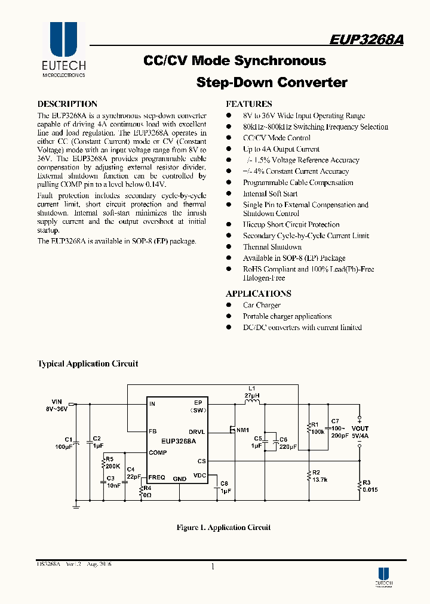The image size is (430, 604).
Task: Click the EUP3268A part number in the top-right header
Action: tap(366, 39)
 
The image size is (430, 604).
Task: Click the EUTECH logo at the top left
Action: tap(63, 50)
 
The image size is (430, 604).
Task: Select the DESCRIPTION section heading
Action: tap(67, 104)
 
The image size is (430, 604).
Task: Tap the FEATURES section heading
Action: tap(249, 104)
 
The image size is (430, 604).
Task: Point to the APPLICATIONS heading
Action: tap(259, 294)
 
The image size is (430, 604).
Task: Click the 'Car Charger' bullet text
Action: tap(262, 305)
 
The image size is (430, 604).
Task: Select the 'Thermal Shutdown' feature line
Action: tap(272, 247)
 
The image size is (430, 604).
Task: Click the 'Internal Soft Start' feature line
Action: tap(270, 194)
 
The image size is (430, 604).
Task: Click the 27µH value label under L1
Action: tap(251, 395)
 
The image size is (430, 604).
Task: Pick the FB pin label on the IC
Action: tap(153, 430)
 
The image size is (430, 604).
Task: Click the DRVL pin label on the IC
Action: tap(197, 430)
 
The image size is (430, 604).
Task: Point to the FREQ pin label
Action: tap(157, 477)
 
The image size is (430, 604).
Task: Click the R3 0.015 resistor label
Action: tap(370, 486)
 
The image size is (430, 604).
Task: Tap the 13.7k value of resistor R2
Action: tap(320, 479)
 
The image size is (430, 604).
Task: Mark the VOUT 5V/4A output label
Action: tap(360, 432)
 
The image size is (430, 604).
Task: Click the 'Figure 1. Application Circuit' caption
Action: tap(223, 527)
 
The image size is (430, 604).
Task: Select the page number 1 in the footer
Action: tap(213, 566)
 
